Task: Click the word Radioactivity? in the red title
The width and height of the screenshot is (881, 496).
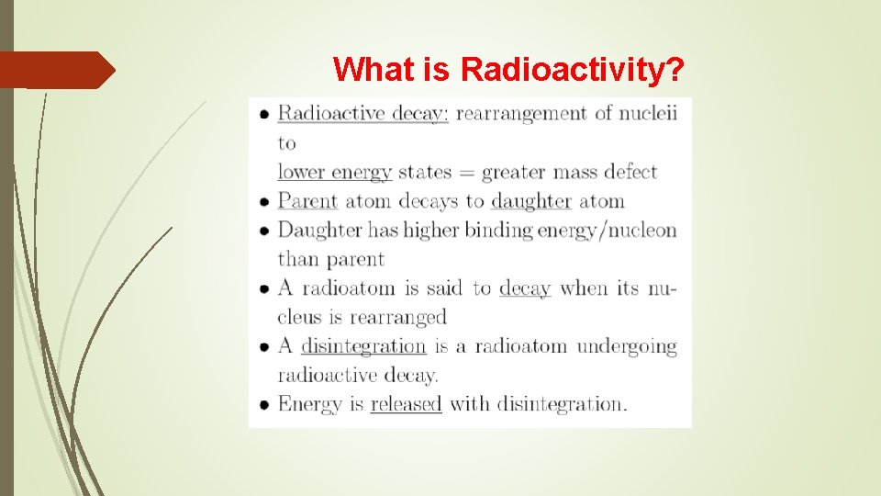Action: (574, 69)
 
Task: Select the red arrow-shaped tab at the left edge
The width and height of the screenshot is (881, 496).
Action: (57, 70)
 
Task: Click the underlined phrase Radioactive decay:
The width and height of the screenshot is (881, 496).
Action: (362, 113)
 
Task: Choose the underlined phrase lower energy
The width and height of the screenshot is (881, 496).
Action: (334, 172)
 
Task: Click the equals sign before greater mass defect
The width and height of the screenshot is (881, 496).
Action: (465, 172)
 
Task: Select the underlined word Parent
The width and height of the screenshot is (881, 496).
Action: (307, 201)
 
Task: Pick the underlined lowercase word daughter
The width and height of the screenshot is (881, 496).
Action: (530, 201)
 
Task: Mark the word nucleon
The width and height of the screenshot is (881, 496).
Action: (641, 230)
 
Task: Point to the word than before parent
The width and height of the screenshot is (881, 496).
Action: (298, 259)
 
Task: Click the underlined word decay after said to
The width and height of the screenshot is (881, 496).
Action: (524, 288)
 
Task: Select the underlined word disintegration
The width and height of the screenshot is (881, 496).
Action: (363, 346)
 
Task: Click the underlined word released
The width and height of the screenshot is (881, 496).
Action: (406, 404)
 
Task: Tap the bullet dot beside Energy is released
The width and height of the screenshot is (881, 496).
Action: (263, 404)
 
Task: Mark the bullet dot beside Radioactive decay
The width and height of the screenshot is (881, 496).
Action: (263, 114)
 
